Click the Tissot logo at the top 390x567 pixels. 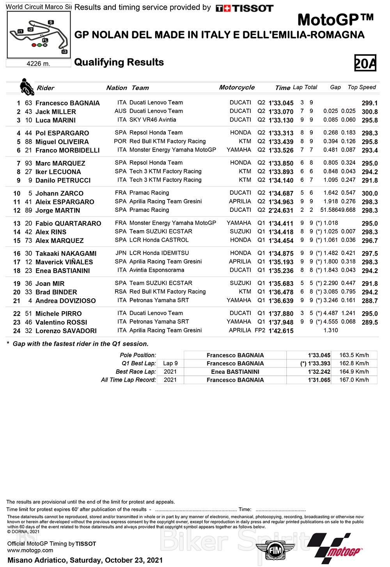(x=245, y=8)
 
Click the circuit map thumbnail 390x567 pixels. (x=39, y=34)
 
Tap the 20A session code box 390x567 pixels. (x=365, y=63)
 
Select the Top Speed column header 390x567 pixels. (x=362, y=87)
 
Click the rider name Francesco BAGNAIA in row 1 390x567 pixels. (x=67, y=103)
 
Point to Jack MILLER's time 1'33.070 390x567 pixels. (x=281, y=112)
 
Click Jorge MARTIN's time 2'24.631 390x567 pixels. (x=281, y=211)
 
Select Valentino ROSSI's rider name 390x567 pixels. (x=61, y=322)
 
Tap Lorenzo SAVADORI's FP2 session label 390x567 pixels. (x=260, y=330)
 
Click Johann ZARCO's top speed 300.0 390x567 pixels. (x=369, y=194)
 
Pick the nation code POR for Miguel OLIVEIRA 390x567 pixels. (x=120, y=141)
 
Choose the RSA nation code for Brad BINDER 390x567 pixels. (x=121, y=292)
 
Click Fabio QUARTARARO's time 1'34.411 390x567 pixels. (x=281, y=224)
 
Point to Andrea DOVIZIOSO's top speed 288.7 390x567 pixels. (x=369, y=301)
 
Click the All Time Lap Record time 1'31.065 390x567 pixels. (x=319, y=380)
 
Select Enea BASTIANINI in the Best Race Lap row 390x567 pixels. (x=235, y=372)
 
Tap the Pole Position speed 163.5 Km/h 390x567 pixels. (x=354, y=355)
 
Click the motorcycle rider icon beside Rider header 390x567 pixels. (x=27, y=86)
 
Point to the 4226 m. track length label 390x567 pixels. (x=38, y=63)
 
